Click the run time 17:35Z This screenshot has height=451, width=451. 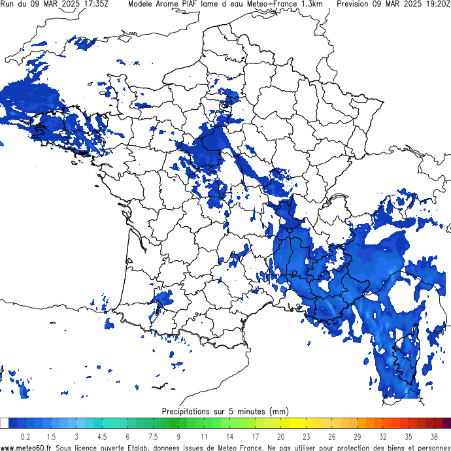(96, 4)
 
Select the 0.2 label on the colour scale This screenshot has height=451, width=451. (25, 437)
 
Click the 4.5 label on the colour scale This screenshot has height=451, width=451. (102, 437)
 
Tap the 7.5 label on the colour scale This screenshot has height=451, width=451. (153, 437)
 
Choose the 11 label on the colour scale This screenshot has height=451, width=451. (204, 437)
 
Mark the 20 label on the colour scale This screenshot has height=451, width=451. (280, 437)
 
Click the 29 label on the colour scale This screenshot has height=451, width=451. (357, 437)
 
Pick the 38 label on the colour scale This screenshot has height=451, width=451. (433, 437)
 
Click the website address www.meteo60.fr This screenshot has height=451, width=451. (26, 447)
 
